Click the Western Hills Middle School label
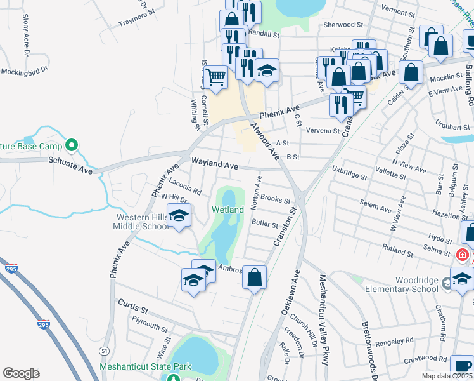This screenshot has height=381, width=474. tap(143, 222)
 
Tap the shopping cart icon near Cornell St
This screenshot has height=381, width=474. tap(217, 77)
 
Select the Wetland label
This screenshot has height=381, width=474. tap(228, 210)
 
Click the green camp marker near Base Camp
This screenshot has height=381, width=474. tap(72, 146)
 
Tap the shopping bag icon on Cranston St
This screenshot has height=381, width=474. tap(254, 277)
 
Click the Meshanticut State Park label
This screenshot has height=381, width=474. tap(145, 367)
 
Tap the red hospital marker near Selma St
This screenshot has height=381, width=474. tap(463, 255)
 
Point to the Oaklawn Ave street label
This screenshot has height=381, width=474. tap(296, 297)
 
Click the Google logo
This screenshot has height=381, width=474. tap(21, 373)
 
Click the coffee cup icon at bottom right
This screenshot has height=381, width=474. tap(462, 367)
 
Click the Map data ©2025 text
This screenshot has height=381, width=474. tap(444, 376)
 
